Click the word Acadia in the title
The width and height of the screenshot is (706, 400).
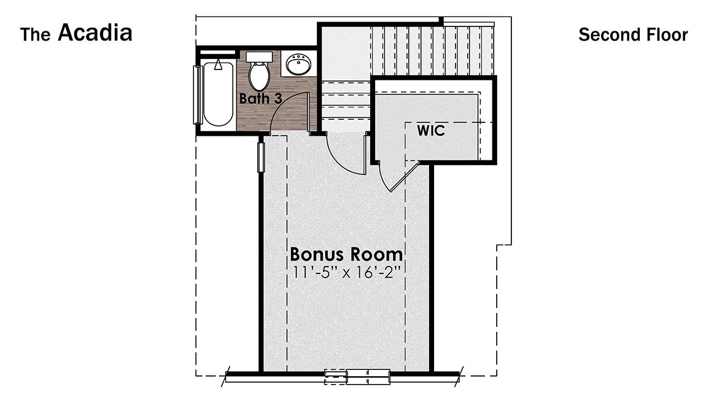pyautogui.click(x=95, y=33)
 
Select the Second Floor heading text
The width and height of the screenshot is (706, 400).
pyautogui.click(x=633, y=34)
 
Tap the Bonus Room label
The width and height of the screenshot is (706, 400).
pyautogui.click(x=346, y=254)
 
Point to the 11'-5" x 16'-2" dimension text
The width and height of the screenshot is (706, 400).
pyautogui.click(x=346, y=272)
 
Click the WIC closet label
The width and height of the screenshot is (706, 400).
pyautogui.click(x=431, y=131)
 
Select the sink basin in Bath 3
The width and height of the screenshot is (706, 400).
pyautogui.click(x=300, y=65)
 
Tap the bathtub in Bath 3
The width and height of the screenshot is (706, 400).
pyautogui.click(x=218, y=93)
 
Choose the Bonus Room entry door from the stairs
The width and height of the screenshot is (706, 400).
pyautogui.click(x=344, y=157)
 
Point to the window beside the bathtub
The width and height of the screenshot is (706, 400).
pyautogui.click(x=197, y=95)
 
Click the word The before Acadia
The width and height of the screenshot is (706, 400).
pyautogui.click(x=36, y=35)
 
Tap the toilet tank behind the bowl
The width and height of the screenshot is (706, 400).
pyautogui.click(x=259, y=57)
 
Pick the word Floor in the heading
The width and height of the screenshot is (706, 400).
pyautogui.click(x=667, y=34)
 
